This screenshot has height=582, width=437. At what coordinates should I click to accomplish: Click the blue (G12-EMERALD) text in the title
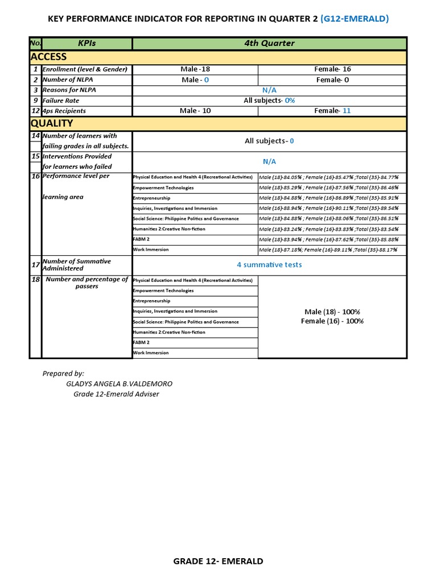pyautogui.click(x=354, y=19)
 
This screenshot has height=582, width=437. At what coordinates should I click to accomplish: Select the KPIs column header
pyautogui.click(x=87, y=43)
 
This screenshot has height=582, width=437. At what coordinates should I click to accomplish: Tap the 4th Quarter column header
pyautogui.click(x=269, y=43)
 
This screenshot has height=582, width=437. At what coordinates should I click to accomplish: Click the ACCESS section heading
pyautogui.click(x=48, y=57)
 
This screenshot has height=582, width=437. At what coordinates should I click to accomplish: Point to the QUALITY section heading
pyautogui.click(x=52, y=123)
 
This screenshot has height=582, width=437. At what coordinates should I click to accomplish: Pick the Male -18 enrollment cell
pyautogui.click(x=195, y=69)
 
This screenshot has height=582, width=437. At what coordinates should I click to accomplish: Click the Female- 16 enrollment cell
pyautogui.click(x=332, y=69)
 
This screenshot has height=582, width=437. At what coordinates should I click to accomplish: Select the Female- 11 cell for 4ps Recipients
pyautogui.click(x=332, y=111)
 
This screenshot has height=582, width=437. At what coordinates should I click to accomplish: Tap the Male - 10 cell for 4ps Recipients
pyautogui.click(x=195, y=111)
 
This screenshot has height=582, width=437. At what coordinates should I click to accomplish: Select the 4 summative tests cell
pyautogui.click(x=269, y=265)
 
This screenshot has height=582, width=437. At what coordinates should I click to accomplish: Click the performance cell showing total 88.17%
pyautogui.click(x=328, y=250)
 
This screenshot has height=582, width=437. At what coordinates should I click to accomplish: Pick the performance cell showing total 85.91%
pyautogui.click(x=328, y=198)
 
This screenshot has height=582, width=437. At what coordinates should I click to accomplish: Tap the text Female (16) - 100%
pyautogui.click(x=332, y=321)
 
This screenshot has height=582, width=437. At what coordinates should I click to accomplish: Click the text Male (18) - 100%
pyautogui.click(x=332, y=312)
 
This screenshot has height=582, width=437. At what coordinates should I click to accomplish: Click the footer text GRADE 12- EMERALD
pyautogui.click(x=218, y=561)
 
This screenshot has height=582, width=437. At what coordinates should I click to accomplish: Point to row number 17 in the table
pyautogui.click(x=35, y=265)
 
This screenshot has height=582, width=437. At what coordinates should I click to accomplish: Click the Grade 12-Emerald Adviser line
pyautogui.click(x=116, y=394)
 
